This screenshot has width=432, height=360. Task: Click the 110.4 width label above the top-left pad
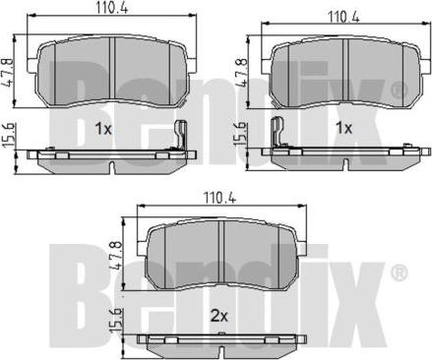tap(111, 7)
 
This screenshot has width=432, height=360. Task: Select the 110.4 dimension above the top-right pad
tap(343, 17)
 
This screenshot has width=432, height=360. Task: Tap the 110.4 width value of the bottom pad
tap(219, 198)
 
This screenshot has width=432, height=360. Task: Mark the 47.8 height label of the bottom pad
tap(118, 256)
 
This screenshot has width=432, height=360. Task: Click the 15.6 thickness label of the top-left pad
tap(9, 135)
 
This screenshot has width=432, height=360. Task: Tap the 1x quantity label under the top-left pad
tap(103, 129)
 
